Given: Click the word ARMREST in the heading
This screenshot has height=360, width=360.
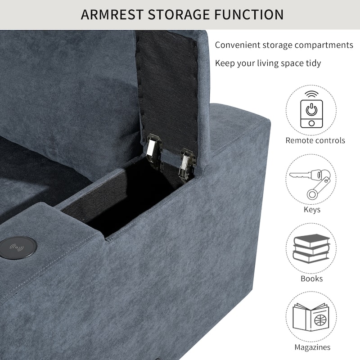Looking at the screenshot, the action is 112,14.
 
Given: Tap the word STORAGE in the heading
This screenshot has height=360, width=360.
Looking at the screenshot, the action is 179,14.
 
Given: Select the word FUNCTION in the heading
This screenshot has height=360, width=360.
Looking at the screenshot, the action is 249,14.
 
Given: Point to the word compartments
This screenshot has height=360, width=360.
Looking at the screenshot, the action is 324,45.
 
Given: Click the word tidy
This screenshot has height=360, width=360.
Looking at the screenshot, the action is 313,63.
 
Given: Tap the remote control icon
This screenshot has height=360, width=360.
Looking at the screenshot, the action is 311,110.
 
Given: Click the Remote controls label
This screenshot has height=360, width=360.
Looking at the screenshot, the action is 315,140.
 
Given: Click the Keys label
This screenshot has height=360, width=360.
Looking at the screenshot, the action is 312,210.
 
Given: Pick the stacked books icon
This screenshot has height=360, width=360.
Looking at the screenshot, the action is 311,248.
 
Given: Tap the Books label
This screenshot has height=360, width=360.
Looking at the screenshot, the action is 311,279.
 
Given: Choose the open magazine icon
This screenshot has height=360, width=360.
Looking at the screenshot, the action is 311,317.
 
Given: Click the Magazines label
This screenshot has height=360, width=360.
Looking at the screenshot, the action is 312,347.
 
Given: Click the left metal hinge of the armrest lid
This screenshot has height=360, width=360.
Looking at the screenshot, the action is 154,152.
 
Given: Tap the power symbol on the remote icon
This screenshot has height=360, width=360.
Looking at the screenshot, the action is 311,109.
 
